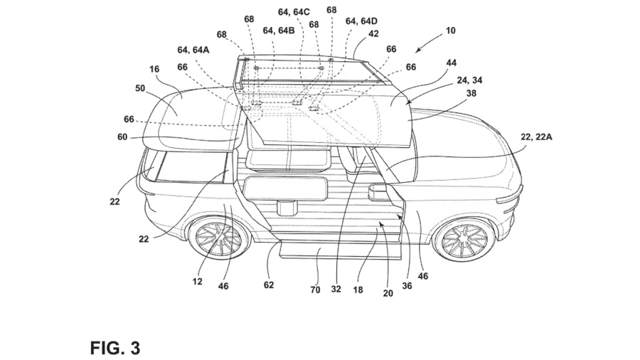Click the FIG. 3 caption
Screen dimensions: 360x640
(x=114, y=349)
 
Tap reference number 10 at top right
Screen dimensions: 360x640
(x=451, y=31)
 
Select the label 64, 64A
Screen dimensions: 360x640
(x=194, y=50)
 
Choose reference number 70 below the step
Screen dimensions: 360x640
(x=314, y=290)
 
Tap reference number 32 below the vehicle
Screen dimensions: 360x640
(x=336, y=290)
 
